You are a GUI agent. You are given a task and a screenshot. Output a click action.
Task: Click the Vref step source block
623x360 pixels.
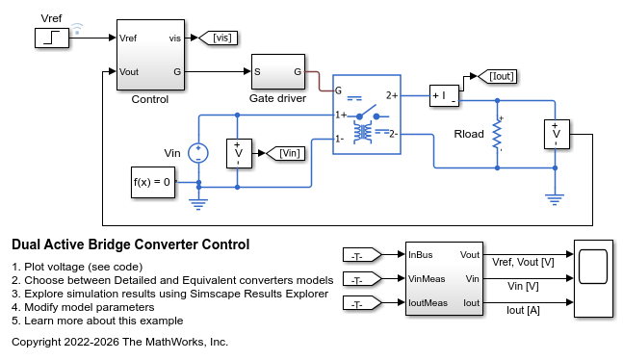(x=52, y=39)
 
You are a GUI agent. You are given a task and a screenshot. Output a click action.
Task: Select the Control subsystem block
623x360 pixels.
(x=150, y=55)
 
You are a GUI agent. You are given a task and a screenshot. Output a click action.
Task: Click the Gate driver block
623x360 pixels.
(x=278, y=72)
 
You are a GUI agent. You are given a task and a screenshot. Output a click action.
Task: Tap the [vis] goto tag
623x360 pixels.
(x=218, y=38)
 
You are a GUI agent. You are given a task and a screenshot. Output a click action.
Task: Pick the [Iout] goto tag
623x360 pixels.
(x=497, y=76)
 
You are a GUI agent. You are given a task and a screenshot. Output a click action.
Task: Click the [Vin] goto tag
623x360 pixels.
(x=285, y=153)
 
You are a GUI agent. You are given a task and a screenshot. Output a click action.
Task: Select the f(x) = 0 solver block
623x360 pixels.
(x=153, y=182)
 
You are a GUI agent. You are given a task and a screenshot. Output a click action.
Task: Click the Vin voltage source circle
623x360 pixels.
(x=197, y=153)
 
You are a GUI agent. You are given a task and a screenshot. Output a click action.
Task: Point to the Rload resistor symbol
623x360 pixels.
(x=497, y=135)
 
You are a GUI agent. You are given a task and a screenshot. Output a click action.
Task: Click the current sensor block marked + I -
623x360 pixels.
(x=444, y=95)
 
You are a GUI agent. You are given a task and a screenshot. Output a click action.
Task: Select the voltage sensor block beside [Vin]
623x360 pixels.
(x=239, y=153)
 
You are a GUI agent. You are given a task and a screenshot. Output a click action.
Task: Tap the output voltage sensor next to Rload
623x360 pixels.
(x=557, y=135)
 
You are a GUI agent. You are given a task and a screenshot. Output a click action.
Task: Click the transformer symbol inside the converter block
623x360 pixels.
(x=363, y=133)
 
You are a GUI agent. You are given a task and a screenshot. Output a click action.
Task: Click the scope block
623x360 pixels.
(x=593, y=278)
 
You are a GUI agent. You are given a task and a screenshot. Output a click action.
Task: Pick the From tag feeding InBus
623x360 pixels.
(x=362, y=255)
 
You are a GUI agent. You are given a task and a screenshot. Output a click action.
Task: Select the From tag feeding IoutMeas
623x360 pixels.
(x=362, y=303)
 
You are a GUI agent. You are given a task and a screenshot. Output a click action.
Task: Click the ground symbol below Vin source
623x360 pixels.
(x=197, y=204)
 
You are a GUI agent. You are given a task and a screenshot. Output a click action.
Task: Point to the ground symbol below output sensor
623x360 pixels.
(x=555, y=198)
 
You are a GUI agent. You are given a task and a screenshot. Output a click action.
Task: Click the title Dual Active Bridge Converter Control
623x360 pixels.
(x=131, y=244)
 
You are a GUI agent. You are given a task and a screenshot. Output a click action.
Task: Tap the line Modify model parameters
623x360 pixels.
(x=83, y=307)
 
